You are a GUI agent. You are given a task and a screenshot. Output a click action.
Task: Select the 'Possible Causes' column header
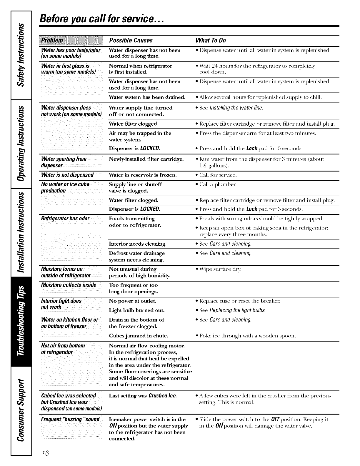point(131,40)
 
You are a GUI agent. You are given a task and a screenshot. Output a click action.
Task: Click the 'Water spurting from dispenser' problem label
point(64,162)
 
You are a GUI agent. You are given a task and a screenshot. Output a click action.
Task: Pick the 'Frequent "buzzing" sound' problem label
point(70,419)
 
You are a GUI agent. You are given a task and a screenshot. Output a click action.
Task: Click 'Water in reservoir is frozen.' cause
point(143,175)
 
